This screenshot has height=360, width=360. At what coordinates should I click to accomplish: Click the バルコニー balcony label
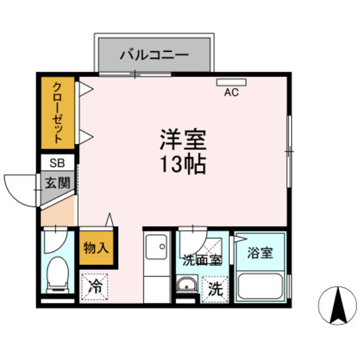tap(154, 54)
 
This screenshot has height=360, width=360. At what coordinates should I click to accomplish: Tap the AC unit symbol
tap(227, 82)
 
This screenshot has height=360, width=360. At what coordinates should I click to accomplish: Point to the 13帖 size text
tap(183, 165)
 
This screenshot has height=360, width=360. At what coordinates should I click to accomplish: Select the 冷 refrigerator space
tap(95, 285)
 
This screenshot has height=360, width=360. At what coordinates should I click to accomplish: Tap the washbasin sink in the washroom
tap(187, 284)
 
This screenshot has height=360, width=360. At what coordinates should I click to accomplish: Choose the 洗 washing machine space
tap(213, 289)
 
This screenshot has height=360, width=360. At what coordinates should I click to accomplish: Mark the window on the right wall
tap(289, 151)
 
